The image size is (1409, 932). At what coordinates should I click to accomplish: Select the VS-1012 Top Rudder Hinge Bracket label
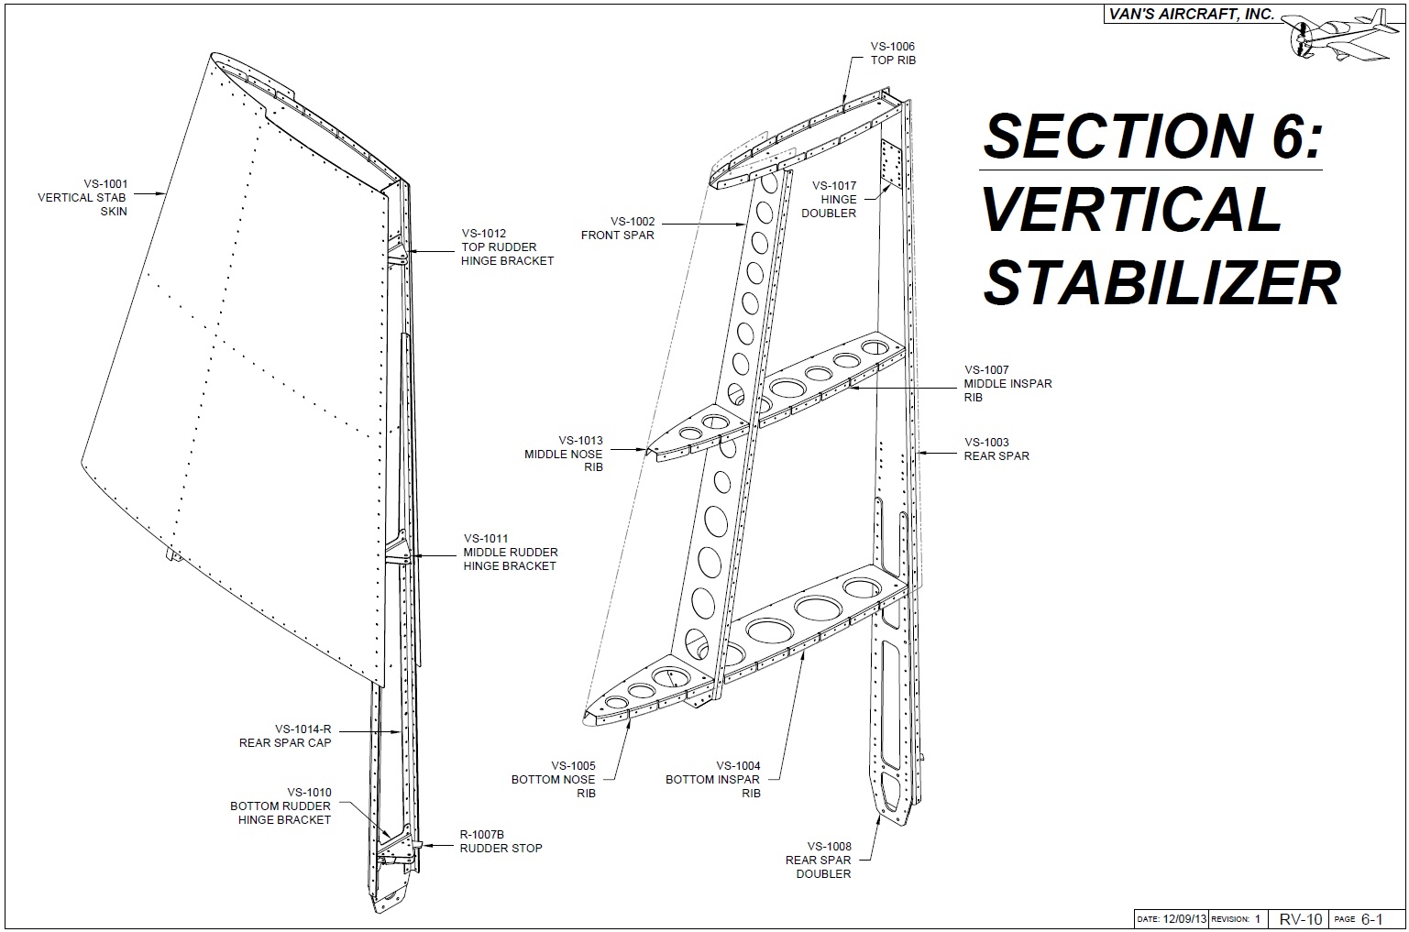[x=507, y=247]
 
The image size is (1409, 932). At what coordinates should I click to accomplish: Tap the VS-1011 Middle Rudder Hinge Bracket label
[x=510, y=552]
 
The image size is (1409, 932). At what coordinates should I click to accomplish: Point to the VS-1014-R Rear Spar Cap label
[x=285, y=736]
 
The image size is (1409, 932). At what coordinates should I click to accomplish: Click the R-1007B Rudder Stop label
[x=501, y=841]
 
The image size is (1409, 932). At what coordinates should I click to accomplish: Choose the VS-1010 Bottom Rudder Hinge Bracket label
[x=281, y=806]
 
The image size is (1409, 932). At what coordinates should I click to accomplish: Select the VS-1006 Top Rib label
[x=893, y=53]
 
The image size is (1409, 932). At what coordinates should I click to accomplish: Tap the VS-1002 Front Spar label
[x=618, y=227]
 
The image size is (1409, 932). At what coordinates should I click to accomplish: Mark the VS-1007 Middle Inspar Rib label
[x=1007, y=384]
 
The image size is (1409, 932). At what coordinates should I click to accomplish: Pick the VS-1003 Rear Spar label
[x=996, y=449]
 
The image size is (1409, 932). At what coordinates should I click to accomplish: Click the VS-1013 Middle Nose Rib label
[x=564, y=454]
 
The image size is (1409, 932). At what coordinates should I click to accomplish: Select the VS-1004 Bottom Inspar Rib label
[x=713, y=779]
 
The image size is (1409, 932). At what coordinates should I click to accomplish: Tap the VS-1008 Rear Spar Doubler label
[x=819, y=860]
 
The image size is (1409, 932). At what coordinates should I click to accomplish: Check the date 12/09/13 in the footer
[x=1185, y=919]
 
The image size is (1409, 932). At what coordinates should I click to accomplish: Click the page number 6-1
[x=1372, y=918]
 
